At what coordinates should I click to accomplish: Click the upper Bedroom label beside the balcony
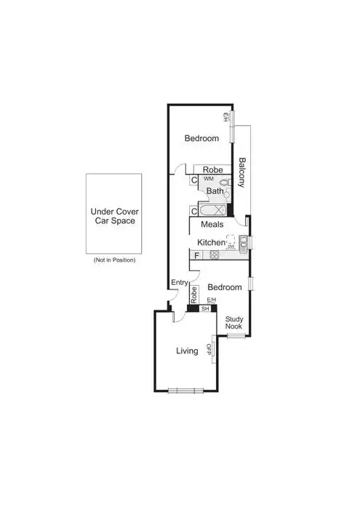(201, 138)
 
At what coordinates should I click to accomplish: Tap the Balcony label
(243, 173)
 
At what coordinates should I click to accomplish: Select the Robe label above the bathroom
(212, 169)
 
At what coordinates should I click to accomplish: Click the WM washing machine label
(208, 179)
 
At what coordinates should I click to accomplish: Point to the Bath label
(215, 191)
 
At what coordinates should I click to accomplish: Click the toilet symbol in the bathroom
(225, 185)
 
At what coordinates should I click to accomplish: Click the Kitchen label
(212, 242)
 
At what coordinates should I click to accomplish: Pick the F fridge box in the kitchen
(196, 255)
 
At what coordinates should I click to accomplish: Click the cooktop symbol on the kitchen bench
(215, 255)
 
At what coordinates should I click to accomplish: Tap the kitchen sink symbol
(245, 242)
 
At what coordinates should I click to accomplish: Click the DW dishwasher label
(231, 247)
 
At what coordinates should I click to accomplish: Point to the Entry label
(180, 283)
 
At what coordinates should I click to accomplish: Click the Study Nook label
(233, 323)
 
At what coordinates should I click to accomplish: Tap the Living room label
(188, 351)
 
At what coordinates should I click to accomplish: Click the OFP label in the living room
(209, 349)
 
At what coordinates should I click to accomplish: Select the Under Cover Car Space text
(113, 216)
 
